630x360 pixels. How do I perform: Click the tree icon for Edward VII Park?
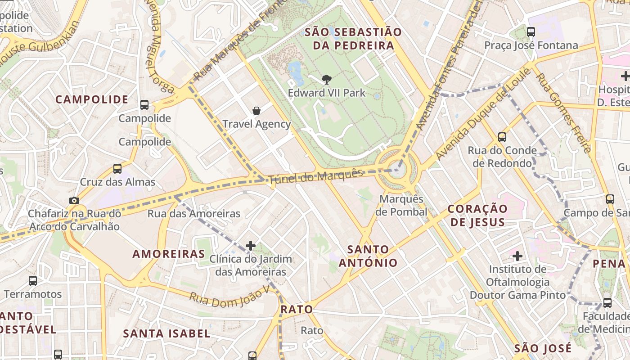[x=327, y=80]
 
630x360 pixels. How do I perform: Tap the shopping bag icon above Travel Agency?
[x=256, y=111]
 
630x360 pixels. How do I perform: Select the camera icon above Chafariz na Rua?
[x=74, y=200]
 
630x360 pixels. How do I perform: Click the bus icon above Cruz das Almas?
[x=117, y=169]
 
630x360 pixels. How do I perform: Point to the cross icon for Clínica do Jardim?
[x=251, y=246]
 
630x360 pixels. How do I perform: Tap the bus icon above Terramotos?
[x=33, y=281]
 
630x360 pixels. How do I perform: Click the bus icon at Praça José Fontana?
[x=531, y=32]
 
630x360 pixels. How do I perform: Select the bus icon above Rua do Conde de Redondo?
[x=502, y=137]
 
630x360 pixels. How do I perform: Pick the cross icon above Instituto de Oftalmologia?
[x=517, y=256]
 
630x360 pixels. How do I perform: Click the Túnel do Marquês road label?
[x=315, y=176]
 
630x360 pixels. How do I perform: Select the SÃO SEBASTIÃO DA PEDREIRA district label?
[x=353, y=39]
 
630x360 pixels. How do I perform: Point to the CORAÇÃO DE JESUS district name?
[x=477, y=216]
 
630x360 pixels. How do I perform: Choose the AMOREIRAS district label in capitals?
[x=169, y=254]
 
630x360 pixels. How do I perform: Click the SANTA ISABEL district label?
[x=166, y=333]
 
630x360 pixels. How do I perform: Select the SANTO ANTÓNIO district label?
[x=368, y=256]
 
